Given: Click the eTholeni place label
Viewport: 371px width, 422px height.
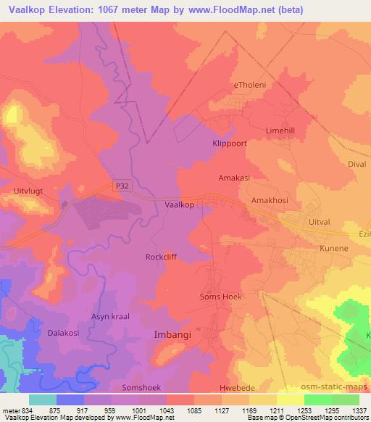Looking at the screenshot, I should [250, 85].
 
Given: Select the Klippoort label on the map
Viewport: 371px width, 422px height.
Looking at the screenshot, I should [230, 144].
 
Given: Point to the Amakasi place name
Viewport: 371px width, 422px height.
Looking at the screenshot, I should [235, 177].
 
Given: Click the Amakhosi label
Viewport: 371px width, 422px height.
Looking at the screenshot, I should [269, 199].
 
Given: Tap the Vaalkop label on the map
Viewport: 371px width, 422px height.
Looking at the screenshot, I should [179, 205].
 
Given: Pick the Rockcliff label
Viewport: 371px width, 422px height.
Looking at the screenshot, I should [161, 257].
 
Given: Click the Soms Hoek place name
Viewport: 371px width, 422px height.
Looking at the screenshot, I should [220, 297].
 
